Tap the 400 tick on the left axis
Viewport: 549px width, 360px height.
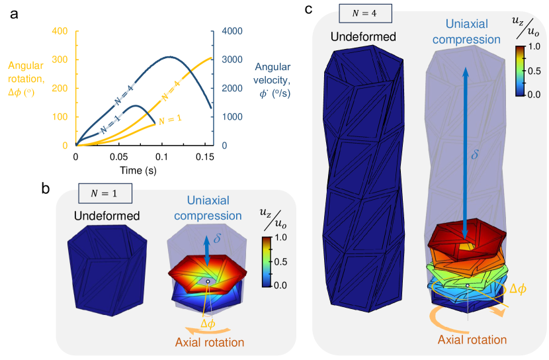click(x=60, y=31)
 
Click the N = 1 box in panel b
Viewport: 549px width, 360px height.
click(x=105, y=193)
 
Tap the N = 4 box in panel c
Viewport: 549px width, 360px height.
click(x=364, y=13)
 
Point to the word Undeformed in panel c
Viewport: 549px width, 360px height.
click(x=364, y=37)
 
